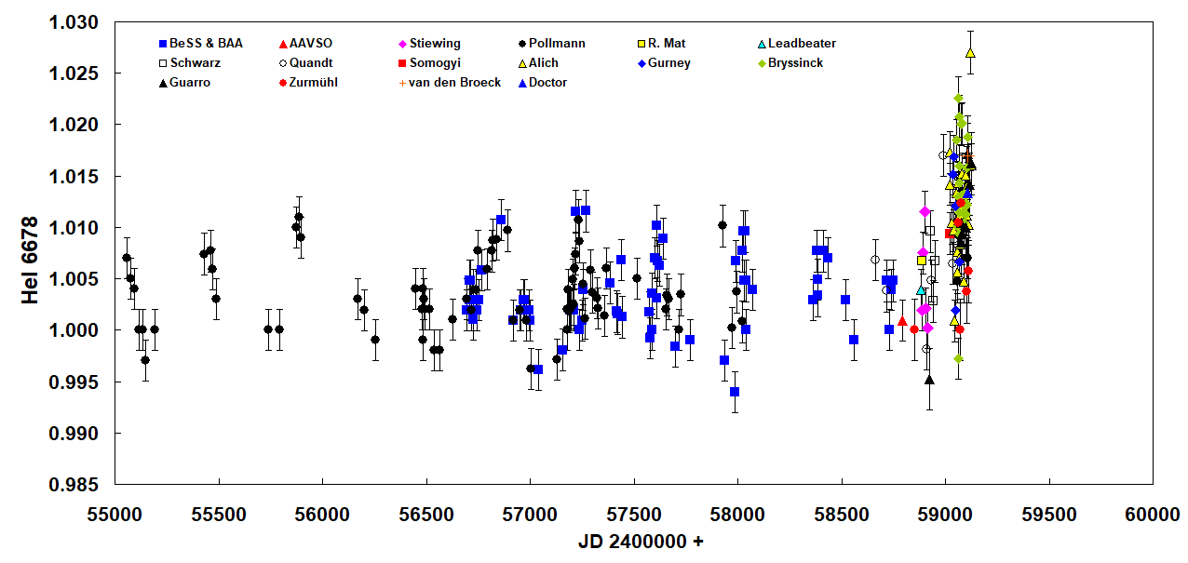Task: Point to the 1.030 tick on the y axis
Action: pos(75,21)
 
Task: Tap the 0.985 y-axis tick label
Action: pos(75,485)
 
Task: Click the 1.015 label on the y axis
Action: pos(75,176)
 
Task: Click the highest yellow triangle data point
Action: pos(970,53)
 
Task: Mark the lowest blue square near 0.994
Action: pos(735,392)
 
